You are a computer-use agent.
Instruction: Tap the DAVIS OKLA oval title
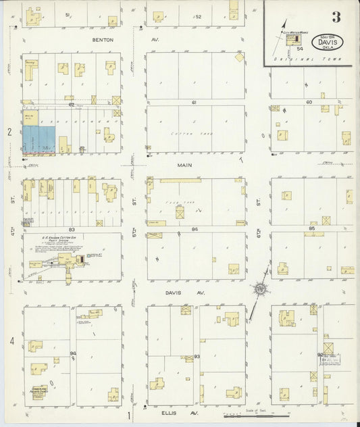[327, 43]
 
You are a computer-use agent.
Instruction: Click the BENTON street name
[104, 40]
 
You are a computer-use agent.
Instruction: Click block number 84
[195, 230]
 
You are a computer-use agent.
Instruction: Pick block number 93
[197, 356]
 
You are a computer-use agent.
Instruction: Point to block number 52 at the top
[199, 16]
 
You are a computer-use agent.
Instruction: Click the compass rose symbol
[259, 290]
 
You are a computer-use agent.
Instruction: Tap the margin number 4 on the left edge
[11, 341]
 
